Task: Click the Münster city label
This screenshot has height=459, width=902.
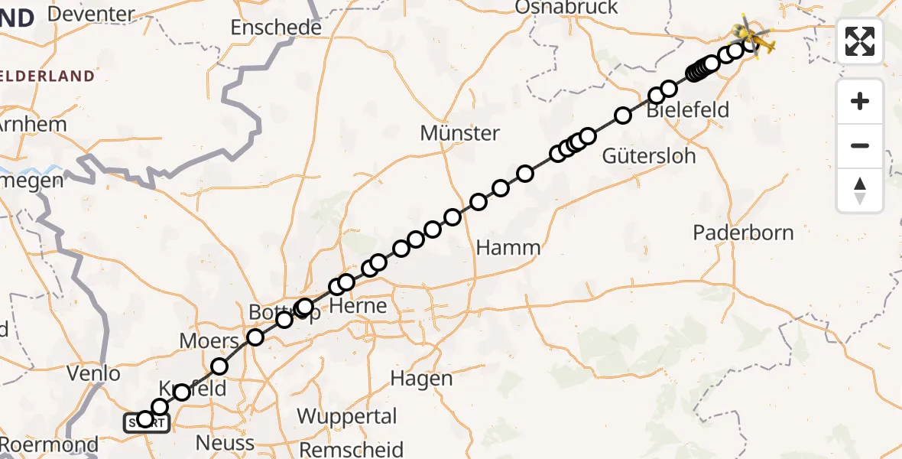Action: pyautogui.click(x=459, y=133)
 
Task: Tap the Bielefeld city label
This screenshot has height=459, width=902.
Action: pyautogui.click(x=687, y=110)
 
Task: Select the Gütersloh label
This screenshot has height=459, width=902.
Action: pyautogui.click(x=649, y=156)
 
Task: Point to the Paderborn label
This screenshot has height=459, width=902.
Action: pyautogui.click(x=743, y=233)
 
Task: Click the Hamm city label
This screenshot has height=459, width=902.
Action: pyautogui.click(x=508, y=248)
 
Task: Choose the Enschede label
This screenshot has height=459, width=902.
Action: pyautogui.click(x=276, y=28)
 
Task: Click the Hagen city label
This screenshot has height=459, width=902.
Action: pyautogui.click(x=421, y=378)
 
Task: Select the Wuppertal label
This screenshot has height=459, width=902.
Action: pyautogui.click(x=347, y=417)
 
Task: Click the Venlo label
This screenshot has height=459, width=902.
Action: pyautogui.click(x=93, y=374)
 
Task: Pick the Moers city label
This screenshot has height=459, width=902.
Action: pyautogui.click(x=209, y=341)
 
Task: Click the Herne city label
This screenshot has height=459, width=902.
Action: pyautogui.click(x=359, y=307)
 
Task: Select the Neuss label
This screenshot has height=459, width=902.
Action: pyautogui.click(x=225, y=443)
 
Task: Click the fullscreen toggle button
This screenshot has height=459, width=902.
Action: pyautogui.click(x=860, y=41)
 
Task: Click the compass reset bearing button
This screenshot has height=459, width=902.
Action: pyautogui.click(x=860, y=190)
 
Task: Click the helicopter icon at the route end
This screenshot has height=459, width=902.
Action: pyautogui.click(x=752, y=35)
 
